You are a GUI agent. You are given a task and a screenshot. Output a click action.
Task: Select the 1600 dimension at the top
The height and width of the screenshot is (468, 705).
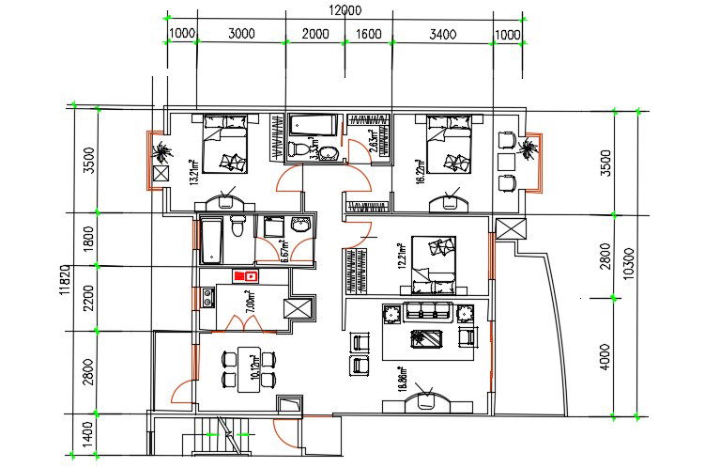(x=369, y=35)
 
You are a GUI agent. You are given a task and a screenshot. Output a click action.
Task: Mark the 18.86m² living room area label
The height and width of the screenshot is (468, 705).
(x=400, y=378)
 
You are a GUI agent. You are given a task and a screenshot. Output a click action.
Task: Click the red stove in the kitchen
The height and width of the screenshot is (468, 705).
(x=247, y=275)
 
